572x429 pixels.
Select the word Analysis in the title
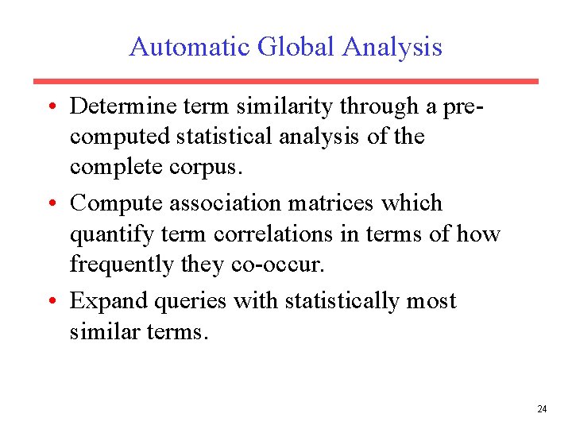(x=392, y=47)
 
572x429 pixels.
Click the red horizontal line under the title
(x=286, y=81)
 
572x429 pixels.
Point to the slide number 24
(x=542, y=409)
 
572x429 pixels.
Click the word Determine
(x=119, y=106)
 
